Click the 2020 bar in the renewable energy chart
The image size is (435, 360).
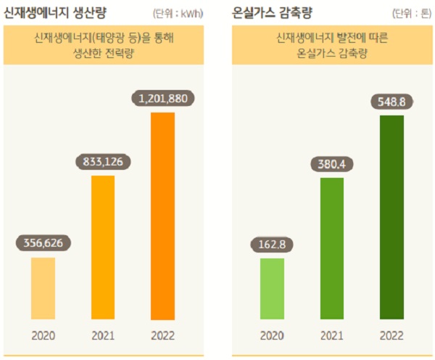(43, 288)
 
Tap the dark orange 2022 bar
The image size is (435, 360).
(162, 216)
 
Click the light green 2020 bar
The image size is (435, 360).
(273, 288)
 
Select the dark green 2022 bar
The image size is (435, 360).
(391, 216)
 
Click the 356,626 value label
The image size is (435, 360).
(43, 242)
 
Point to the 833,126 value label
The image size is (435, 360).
(102, 162)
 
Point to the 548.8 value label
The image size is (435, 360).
(391, 99)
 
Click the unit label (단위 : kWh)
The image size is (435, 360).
(178, 14)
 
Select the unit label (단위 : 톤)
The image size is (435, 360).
(411, 14)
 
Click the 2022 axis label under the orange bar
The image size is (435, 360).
(162, 336)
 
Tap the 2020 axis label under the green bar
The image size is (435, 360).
(273, 336)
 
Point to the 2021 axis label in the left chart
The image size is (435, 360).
(102, 336)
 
